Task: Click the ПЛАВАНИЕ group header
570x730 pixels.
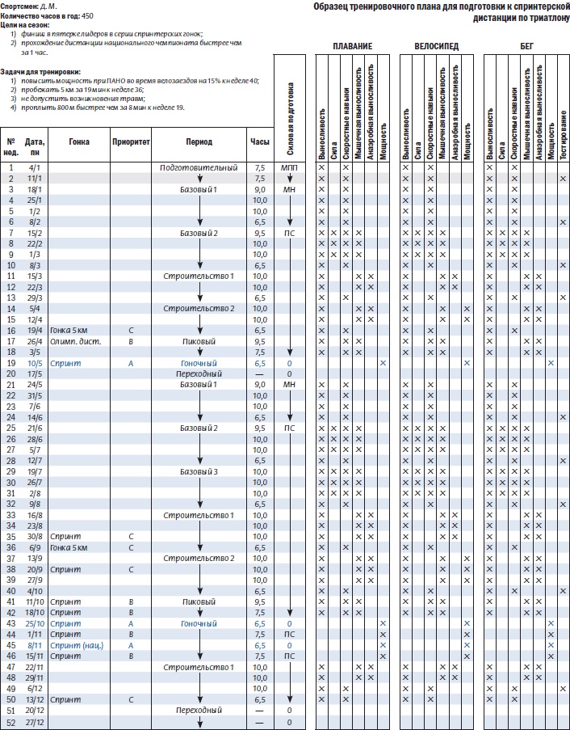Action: click(x=354, y=47)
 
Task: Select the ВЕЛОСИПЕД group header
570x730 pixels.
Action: click(x=437, y=47)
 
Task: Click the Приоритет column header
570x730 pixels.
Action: click(x=131, y=141)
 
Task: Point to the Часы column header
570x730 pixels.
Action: click(x=260, y=141)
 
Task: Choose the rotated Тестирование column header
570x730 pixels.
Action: click(x=564, y=133)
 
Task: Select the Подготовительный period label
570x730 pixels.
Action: click(x=199, y=167)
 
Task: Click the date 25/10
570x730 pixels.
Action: click(x=34, y=623)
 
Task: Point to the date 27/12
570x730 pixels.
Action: click(x=34, y=721)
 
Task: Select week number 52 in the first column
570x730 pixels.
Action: click(x=11, y=721)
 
